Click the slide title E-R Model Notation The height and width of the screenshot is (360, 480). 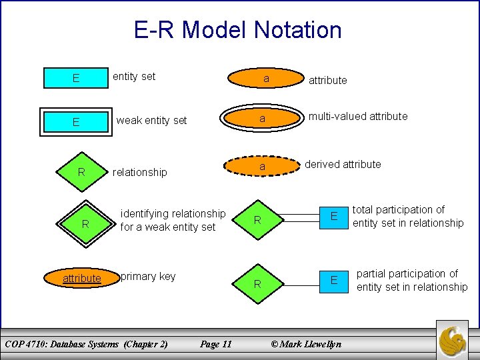(x=238, y=30)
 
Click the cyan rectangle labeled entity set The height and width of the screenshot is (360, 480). (x=76, y=78)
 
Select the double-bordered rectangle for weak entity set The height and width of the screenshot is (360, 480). (x=76, y=122)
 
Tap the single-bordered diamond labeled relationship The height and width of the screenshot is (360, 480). (x=81, y=172)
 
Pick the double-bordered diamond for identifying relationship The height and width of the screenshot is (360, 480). (x=85, y=224)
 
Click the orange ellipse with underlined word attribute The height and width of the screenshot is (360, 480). (x=82, y=278)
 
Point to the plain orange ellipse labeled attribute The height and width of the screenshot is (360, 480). (x=265, y=79)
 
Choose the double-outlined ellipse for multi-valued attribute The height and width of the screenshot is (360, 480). (x=262, y=119)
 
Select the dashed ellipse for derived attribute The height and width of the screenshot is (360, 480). (x=263, y=166)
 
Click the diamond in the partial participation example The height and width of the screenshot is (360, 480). (x=257, y=284)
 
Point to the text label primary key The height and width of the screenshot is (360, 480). (x=148, y=276)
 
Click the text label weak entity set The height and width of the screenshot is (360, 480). (x=151, y=121)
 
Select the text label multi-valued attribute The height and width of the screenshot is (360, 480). (x=357, y=116)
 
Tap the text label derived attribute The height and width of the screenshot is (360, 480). (x=343, y=164)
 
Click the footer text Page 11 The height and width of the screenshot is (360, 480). (x=216, y=344)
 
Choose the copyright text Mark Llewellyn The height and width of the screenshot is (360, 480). (x=305, y=344)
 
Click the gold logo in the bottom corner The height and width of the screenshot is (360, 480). (x=456, y=341)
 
